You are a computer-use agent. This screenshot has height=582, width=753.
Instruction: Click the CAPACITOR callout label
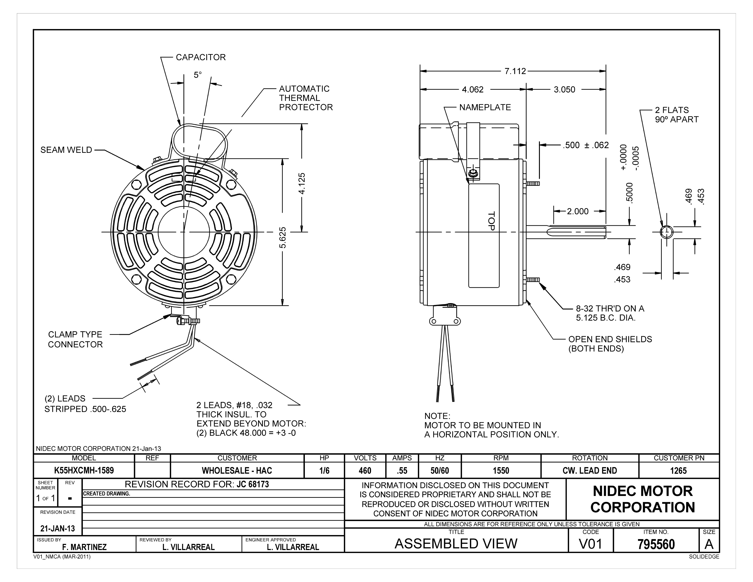[x=201, y=57]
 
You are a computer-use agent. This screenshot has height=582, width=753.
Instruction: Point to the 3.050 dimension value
[x=564, y=90]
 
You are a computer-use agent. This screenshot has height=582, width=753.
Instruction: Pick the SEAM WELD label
[x=66, y=150]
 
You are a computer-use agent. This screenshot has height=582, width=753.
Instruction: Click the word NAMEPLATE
[x=485, y=107]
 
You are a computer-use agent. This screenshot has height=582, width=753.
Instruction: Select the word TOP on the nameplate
[x=491, y=221]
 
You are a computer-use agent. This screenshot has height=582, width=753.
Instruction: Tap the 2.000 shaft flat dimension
[x=578, y=211]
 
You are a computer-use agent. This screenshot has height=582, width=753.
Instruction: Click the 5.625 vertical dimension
[x=283, y=238]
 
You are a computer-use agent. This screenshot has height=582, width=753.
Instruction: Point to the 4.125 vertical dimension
[x=302, y=184]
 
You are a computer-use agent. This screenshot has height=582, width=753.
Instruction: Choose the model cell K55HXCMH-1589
[x=84, y=471]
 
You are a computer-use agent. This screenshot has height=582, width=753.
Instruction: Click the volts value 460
[x=365, y=471]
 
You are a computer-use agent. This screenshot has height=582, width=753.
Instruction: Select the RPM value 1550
[x=501, y=471]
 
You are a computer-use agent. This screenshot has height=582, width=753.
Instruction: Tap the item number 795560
[x=656, y=544]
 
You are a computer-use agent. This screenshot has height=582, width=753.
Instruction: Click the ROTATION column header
[x=590, y=458]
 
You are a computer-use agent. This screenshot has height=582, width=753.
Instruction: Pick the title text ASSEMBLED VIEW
[x=456, y=544]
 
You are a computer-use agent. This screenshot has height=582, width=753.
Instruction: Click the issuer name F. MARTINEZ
[x=84, y=547]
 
